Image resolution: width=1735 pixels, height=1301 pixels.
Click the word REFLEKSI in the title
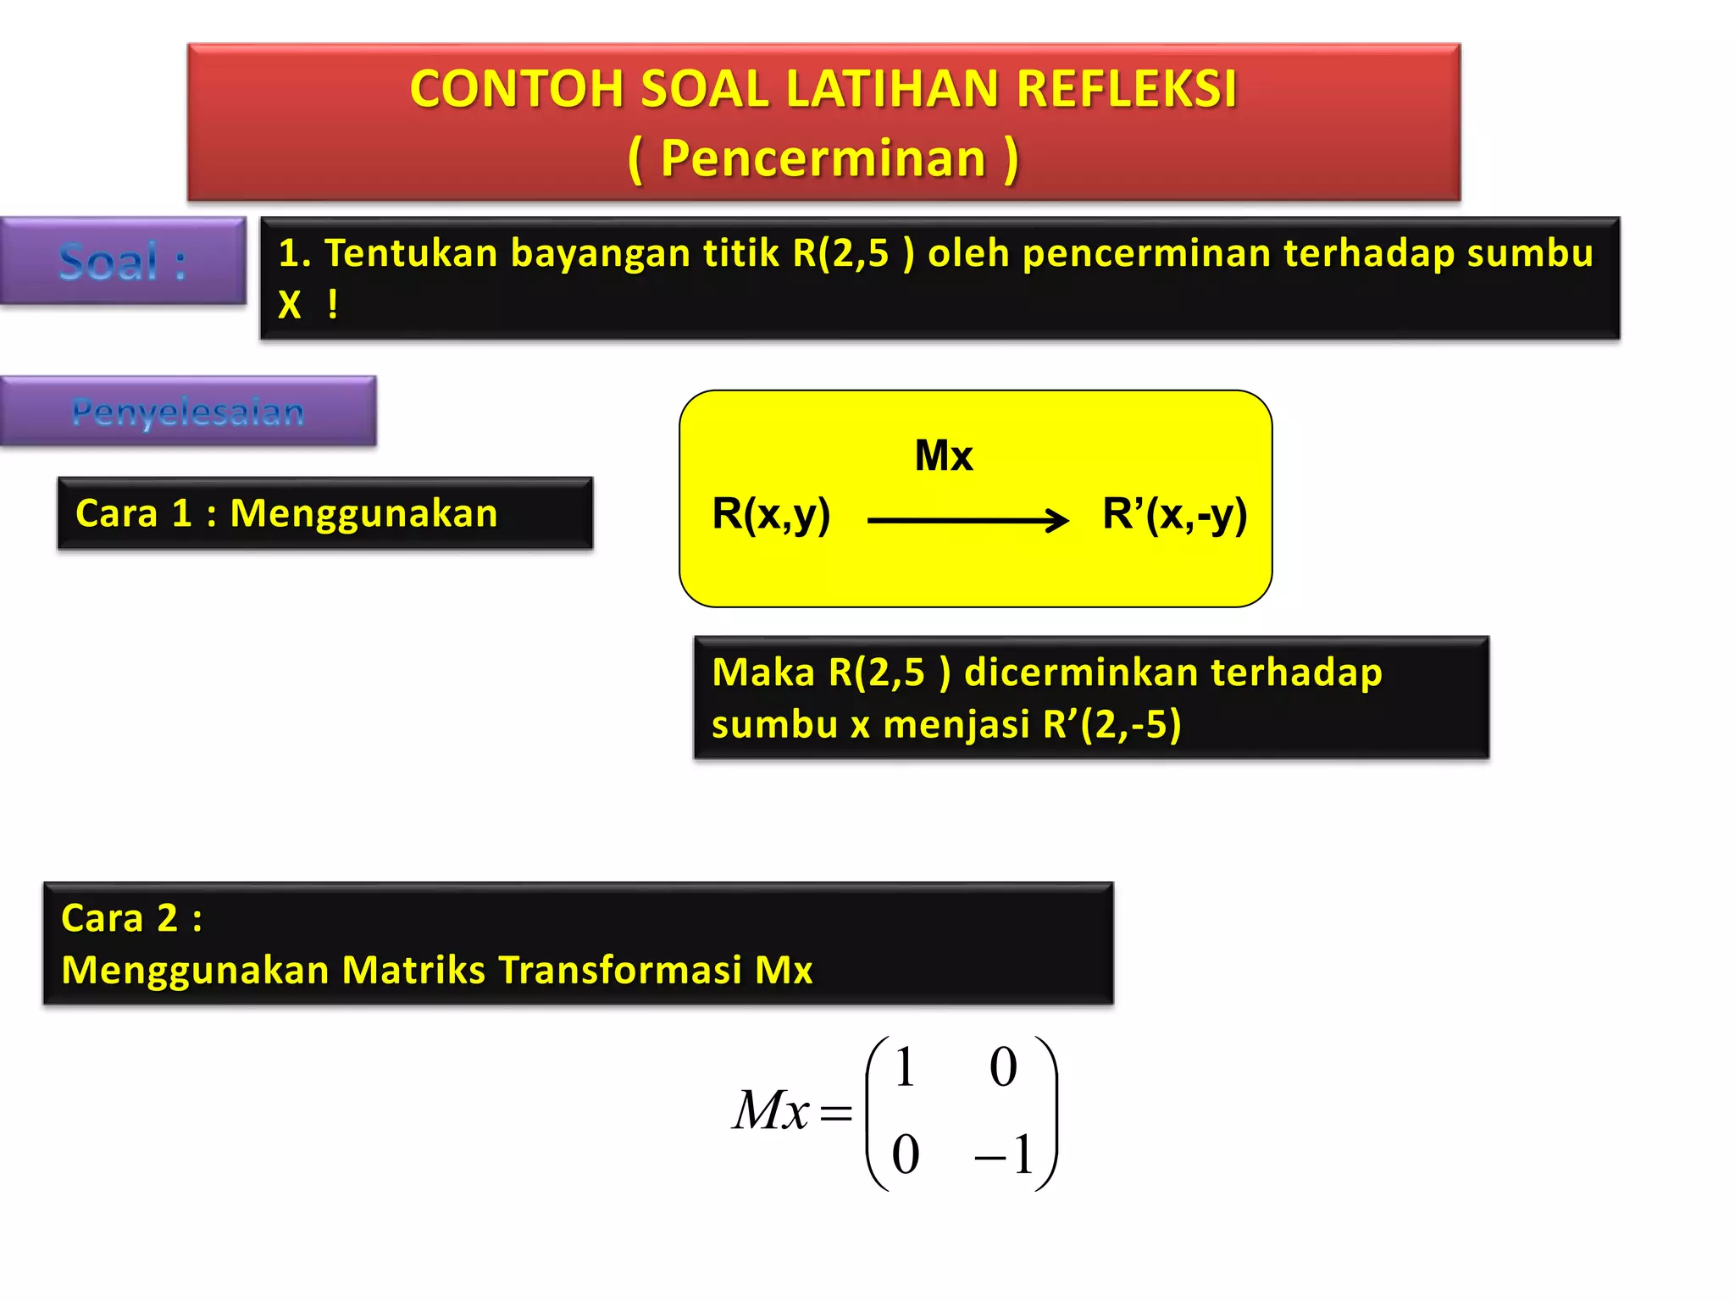click(x=1127, y=89)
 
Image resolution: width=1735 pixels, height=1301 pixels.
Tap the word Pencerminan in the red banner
click(x=823, y=158)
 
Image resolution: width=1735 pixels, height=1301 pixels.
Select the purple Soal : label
click(x=123, y=262)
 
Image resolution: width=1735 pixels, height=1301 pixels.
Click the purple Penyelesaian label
click(x=187, y=412)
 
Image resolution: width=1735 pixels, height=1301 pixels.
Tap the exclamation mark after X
click(x=333, y=304)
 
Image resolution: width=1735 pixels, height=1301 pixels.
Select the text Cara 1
click(x=134, y=514)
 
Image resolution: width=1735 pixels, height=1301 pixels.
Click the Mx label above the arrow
click(x=944, y=456)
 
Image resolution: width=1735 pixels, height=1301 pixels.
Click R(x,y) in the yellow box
click(x=771, y=514)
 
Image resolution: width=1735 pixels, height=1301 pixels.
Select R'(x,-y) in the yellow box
click(x=1174, y=514)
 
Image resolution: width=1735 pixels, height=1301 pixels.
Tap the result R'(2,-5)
click(x=1111, y=725)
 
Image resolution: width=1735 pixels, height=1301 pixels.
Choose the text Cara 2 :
click(x=132, y=918)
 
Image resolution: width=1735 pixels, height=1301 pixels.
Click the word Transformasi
click(x=620, y=971)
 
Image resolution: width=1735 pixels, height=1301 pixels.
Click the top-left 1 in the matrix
click(x=905, y=1066)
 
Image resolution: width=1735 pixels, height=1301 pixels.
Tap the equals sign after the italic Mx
click(x=835, y=1112)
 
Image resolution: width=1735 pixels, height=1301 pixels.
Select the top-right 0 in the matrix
click(x=1003, y=1066)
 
